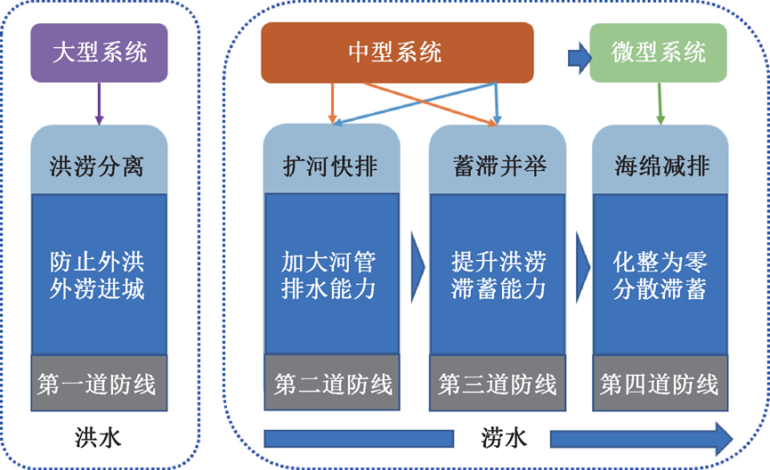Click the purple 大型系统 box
coord(101,53)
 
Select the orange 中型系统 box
coord(396,53)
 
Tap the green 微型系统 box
coord(658,53)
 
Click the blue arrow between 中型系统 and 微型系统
coord(580,60)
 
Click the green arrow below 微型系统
coord(660,103)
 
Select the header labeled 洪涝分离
coord(99,166)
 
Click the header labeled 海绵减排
coord(660,166)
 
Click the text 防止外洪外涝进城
coord(99,277)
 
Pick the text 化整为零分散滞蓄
coord(660,277)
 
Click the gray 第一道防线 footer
coord(99,384)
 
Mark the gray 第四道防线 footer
coord(660,384)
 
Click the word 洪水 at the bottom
coord(99,438)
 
